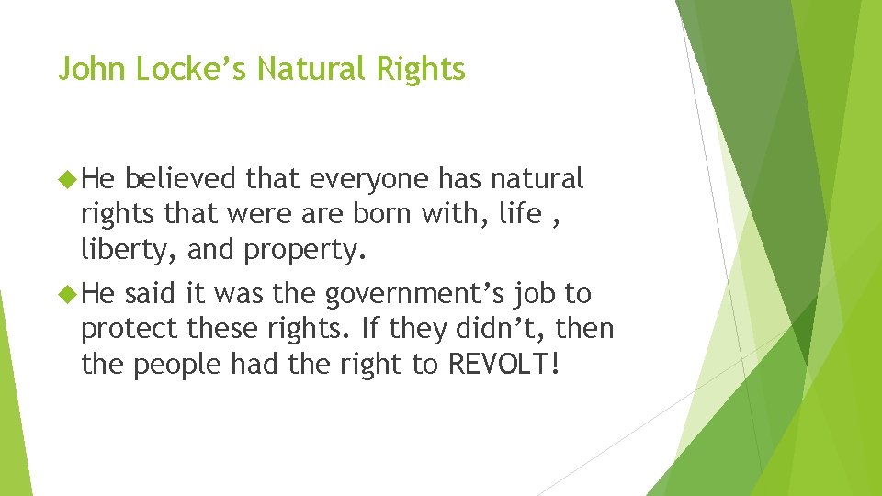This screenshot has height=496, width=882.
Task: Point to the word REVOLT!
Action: point(503,365)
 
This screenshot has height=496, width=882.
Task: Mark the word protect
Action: point(129,330)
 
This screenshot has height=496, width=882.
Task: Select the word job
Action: point(534,294)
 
